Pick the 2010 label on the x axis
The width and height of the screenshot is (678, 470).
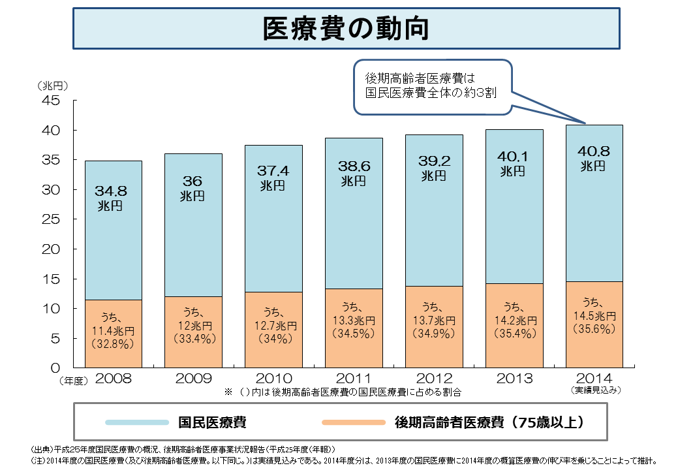tap(273, 379)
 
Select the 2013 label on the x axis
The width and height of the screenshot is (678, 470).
tap(514, 379)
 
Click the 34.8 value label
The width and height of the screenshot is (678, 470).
tap(110, 191)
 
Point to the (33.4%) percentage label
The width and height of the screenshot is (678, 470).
tap(193, 339)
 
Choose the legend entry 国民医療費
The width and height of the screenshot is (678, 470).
tap(212, 422)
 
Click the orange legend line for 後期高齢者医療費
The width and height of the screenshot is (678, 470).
tap(354, 422)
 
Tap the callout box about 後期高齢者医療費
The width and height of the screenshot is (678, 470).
tap(431, 86)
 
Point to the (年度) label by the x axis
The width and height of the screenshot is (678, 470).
tap(69, 379)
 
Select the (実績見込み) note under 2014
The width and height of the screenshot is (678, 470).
tap(594, 390)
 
